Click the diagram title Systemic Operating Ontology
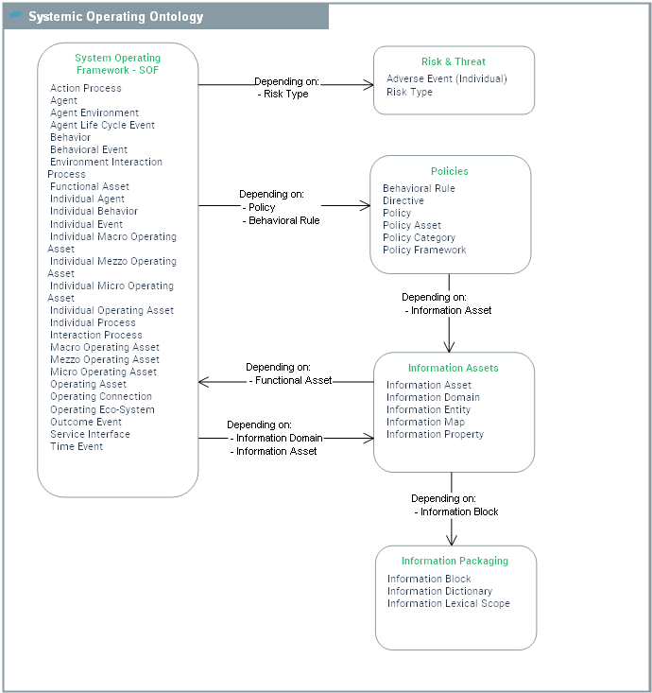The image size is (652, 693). point(115,17)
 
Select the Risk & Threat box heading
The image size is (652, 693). point(454,61)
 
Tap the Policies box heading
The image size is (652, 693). point(450,171)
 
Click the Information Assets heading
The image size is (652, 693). point(454,368)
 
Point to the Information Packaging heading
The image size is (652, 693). point(455,561)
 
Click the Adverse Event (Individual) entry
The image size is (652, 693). point(447,78)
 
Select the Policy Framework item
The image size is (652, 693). point(424,250)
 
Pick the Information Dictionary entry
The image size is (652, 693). point(439,591)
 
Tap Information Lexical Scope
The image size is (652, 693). point(448,603)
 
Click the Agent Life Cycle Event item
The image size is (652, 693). point(102,125)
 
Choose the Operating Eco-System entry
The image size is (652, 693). point(102,409)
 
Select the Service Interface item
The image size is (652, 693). point(90,434)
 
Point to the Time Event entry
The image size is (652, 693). point(77,446)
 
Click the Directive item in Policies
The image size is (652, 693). point(403,200)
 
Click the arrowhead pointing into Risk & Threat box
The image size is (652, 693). point(369,85)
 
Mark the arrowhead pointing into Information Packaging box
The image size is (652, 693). point(452,539)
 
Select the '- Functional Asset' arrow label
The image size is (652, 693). point(291,380)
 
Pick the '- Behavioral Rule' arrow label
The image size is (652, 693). point(281,220)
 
